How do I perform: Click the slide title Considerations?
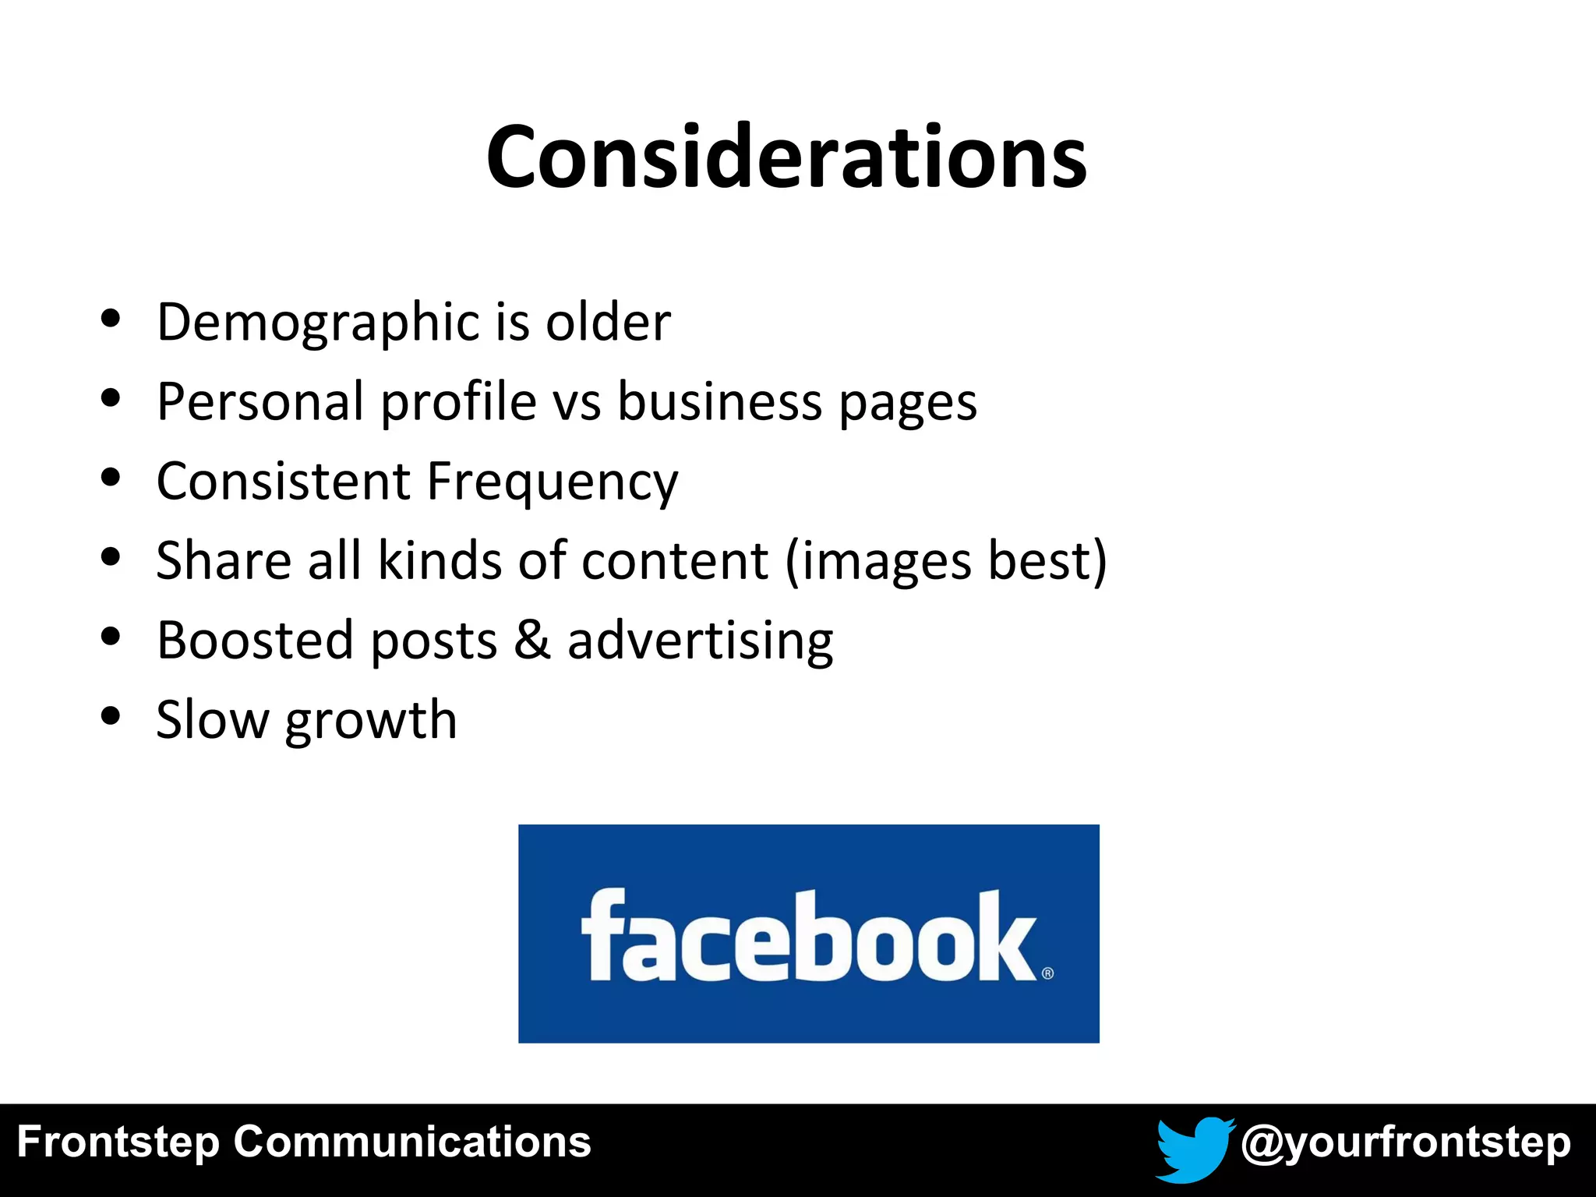[x=786, y=157]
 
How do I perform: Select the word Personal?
[x=260, y=402]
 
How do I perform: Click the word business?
[x=720, y=402]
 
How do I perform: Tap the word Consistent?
[x=283, y=482]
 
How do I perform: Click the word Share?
[x=224, y=560]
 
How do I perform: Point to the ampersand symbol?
[x=532, y=641]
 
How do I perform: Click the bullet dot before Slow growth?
[x=111, y=715]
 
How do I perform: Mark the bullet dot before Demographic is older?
[x=111, y=318]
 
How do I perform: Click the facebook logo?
[x=808, y=934]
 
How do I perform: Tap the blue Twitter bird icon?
[x=1193, y=1148]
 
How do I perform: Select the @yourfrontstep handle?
[x=1405, y=1143]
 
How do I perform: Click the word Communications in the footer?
[x=411, y=1142]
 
